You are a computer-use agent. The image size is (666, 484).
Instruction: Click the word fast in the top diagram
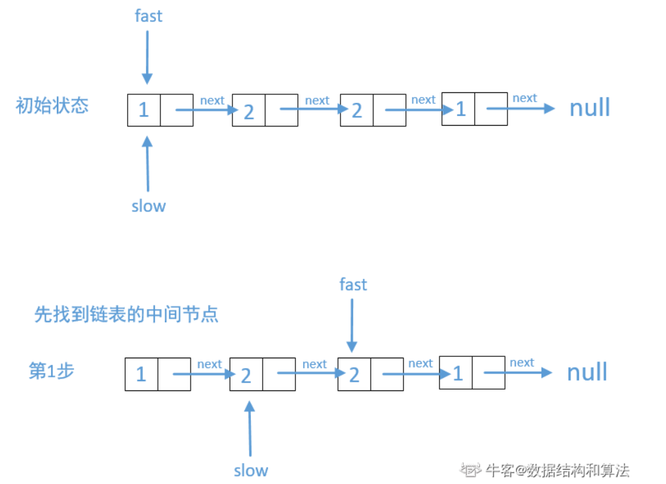(148, 16)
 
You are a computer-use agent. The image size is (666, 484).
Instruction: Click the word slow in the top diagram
(149, 206)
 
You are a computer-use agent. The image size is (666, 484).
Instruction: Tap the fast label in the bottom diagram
(353, 284)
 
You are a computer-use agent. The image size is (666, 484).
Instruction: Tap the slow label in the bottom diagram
(251, 470)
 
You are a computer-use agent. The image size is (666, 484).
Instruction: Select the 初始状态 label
(52, 105)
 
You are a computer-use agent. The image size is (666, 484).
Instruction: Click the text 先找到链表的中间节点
(126, 314)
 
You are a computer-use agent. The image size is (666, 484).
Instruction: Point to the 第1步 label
(52, 371)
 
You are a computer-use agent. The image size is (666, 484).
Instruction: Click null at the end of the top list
(589, 107)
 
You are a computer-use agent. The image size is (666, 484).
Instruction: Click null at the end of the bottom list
(587, 372)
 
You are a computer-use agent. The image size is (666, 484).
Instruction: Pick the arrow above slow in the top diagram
(147, 163)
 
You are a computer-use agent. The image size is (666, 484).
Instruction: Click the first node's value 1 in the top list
(143, 109)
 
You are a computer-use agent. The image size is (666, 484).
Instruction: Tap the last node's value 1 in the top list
(460, 109)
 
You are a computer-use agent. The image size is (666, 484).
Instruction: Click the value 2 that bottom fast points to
(354, 375)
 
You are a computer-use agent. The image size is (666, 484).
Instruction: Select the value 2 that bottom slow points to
(246, 375)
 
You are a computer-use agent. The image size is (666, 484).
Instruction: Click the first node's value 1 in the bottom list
(141, 374)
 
